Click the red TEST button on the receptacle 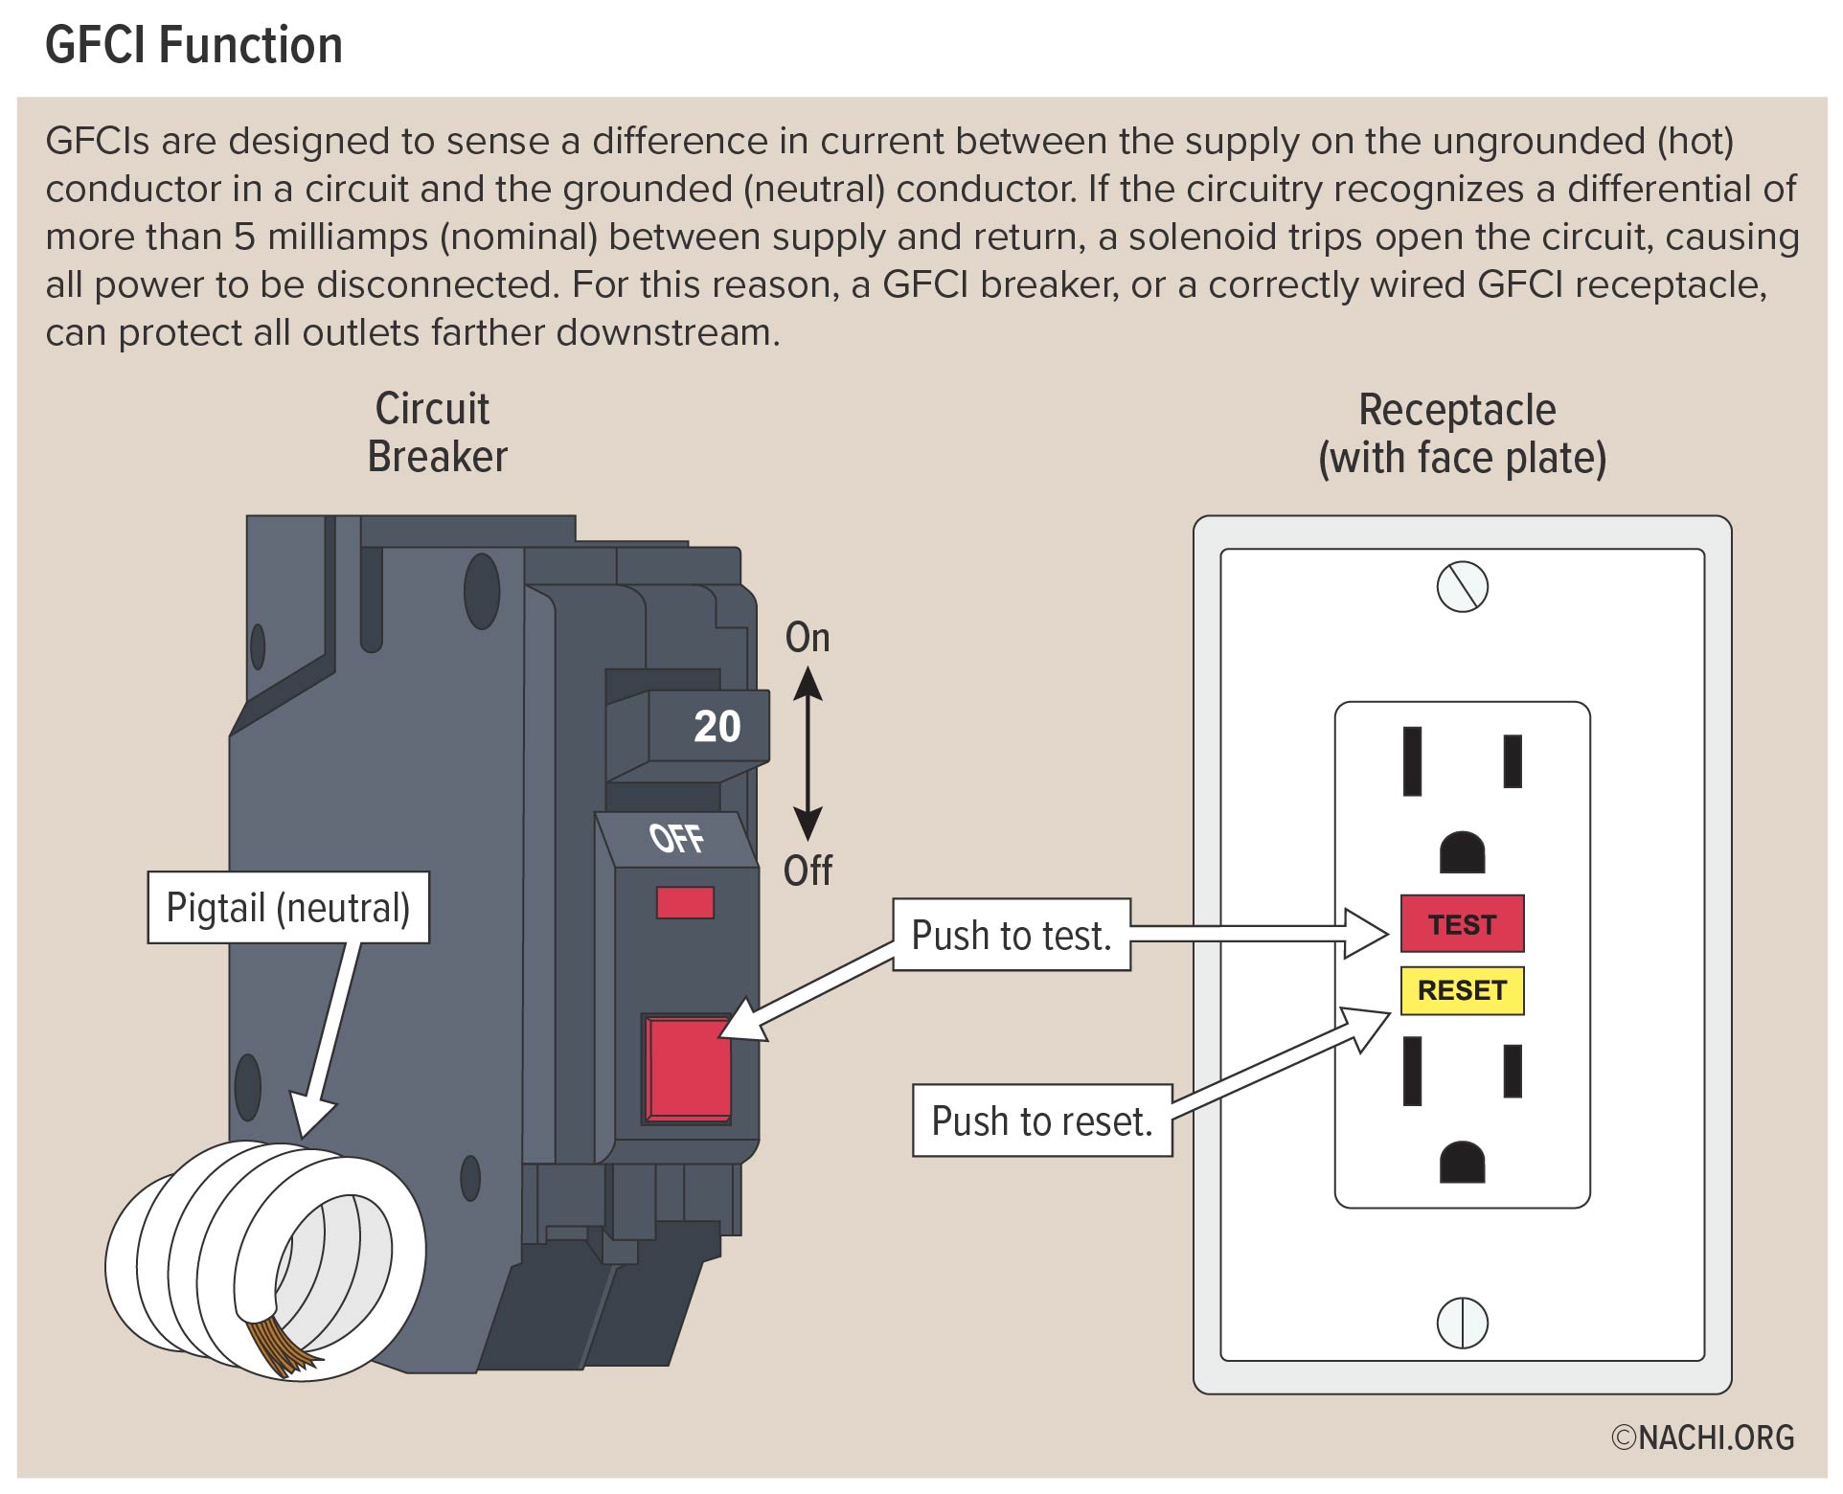pyautogui.click(x=1461, y=923)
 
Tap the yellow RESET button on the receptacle pyautogui.click(x=1461, y=990)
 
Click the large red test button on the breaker pyautogui.click(x=688, y=1069)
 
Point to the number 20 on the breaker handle pyautogui.click(x=717, y=727)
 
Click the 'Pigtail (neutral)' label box pyautogui.click(x=287, y=907)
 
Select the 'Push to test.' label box pyautogui.click(x=1011, y=935)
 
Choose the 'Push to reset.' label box pyautogui.click(x=1041, y=1120)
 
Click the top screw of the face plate pyautogui.click(x=1462, y=586)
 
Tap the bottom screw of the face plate pyautogui.click(x=1462, y=1323)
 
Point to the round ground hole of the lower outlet pyautogui.click(x=1462, y=1162)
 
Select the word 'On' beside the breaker pyautogui.click(x=807, y=638)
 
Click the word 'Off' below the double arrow pyautogui.click(x=807, y=871)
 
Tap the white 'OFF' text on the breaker pyautogui.click(x=676, y=838)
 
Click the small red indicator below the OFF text pyautogui.click(x=684, y=902)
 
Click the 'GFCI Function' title pyautogui.click(x=193, y=45)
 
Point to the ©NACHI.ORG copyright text pyautogui.click(x=1702, y=1437)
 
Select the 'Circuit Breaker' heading pyautogui.click(x=436, y=433)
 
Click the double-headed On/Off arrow pyautogui.click(x=808, y=754)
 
